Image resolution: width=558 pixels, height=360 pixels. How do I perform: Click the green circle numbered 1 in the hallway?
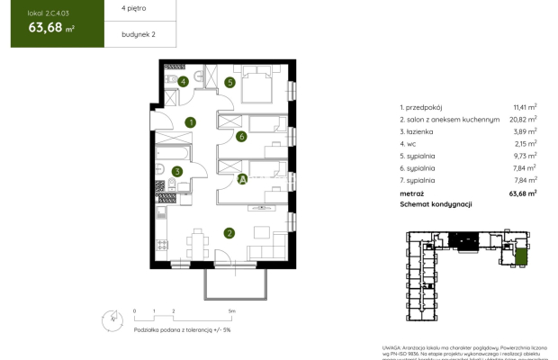pos(190,122)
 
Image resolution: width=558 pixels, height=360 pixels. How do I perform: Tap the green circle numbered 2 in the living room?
pos(229,233)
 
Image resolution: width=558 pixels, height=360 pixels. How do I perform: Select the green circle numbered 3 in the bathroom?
pos(177,171)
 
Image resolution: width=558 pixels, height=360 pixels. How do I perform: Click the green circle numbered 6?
pos(241,137)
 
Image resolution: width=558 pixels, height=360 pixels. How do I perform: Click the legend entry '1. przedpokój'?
pos(423,106)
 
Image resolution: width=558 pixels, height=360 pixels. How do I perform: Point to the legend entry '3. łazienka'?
pos(419,130)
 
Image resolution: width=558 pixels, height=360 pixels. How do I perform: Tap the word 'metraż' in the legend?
pos(412,193)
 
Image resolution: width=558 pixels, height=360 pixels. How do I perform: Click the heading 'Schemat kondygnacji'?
pos(436,204)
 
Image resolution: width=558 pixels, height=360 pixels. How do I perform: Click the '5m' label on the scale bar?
pos(231,310)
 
